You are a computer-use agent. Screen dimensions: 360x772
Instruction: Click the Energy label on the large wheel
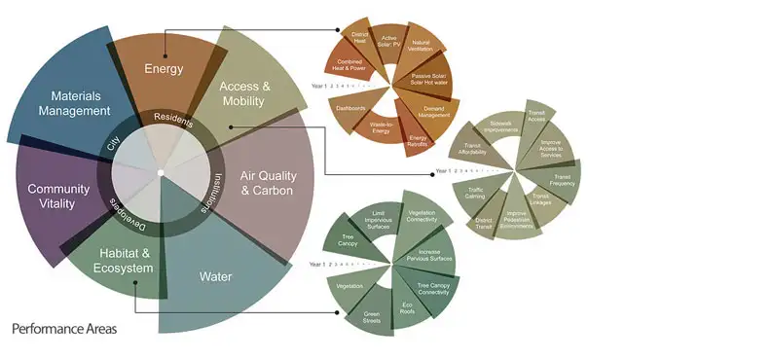[164, 68]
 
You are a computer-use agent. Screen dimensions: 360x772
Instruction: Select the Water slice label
[215, 277]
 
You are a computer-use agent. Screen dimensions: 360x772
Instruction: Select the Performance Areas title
[64, 330]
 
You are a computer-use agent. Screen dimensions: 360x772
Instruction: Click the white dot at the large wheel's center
[161, 173]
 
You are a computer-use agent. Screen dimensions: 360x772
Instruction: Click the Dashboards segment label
[351, 107]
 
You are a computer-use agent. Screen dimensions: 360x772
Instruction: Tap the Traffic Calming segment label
[476, 192]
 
